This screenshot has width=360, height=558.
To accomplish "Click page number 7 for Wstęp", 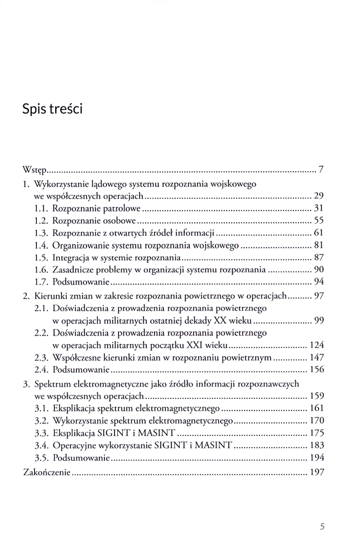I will (321, 169).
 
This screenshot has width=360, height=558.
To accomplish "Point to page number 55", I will (319, 221).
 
